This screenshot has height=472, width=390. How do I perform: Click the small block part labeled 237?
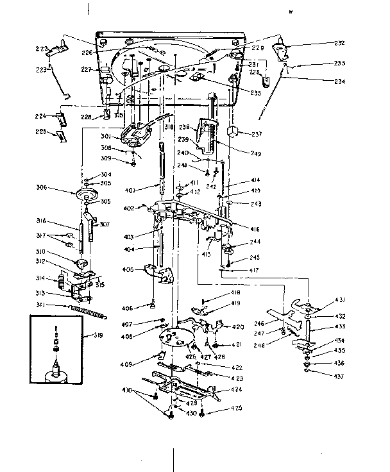pos(233,133)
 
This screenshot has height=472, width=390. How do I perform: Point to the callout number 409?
pos(126,364)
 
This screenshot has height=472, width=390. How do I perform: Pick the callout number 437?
pos(339,375)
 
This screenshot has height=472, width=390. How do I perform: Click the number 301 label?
pos(106,137)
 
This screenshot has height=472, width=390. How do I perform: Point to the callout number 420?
pos(237,327)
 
